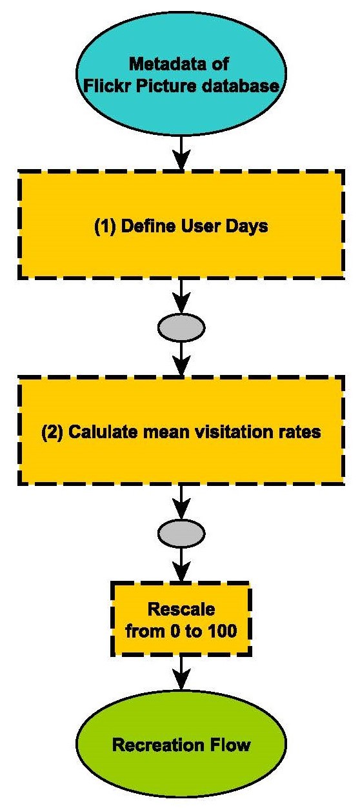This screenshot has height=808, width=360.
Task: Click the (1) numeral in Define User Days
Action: (x=105, y=226)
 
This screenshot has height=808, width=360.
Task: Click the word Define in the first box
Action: (x=148, y=226)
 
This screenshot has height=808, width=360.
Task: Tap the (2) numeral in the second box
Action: (x=52, y=432)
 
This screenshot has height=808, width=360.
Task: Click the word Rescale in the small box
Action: (x=181, y=609)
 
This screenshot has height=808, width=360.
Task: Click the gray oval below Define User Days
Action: (x=181, y=328)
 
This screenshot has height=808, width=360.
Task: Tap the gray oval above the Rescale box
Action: (x=181, y=533)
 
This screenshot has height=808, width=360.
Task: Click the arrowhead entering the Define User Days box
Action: (x=181, y=161)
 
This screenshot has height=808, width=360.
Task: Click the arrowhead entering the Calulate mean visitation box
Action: (x=181, y=366)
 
